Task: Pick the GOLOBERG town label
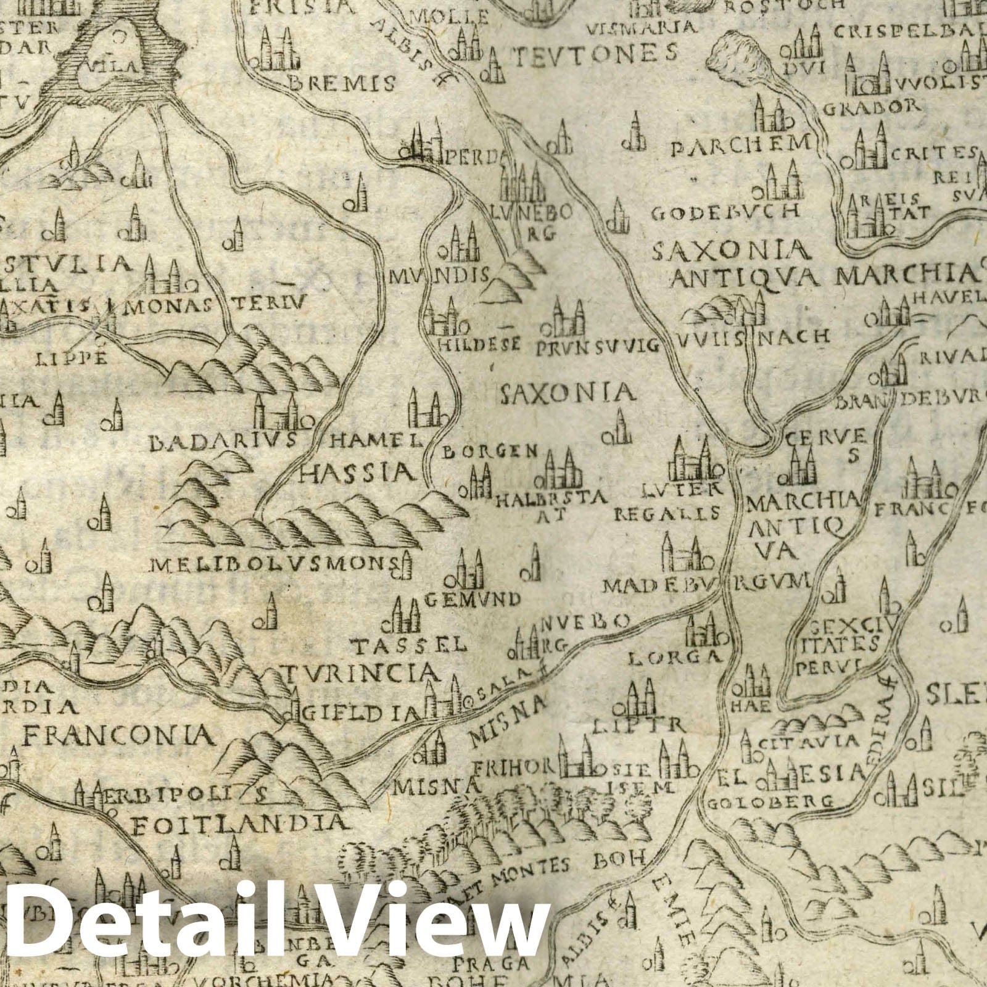coord(771,803)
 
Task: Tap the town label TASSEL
coord(407,646)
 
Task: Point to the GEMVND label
coord(473,598)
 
